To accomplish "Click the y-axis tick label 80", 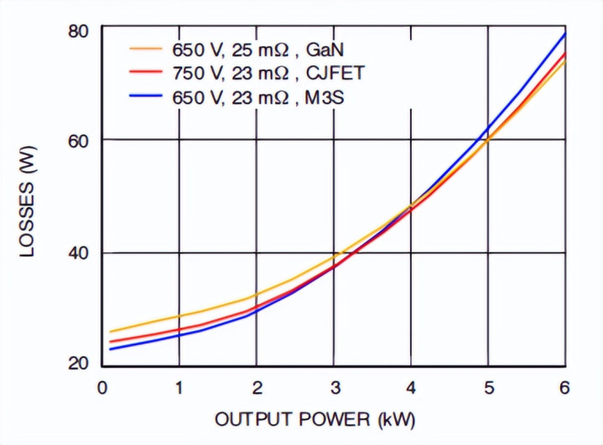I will (x=77, y=31).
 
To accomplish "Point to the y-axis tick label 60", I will (x=77, y=140).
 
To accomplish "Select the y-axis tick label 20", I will (x=77, y=364).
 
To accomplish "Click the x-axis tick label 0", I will (x=101, y=387).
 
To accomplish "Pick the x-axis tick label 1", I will (x=179, y=387).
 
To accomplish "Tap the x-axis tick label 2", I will (x=257, y=387).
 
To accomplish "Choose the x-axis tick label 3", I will (x=334, y=387).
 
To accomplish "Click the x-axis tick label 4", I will (x=411, y=387).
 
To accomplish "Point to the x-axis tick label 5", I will (x=489, y=387).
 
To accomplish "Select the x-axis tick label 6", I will (x=565, y=387).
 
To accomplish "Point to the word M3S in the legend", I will (x=326, y=97).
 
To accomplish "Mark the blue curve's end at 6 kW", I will (x=565, y=34).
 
